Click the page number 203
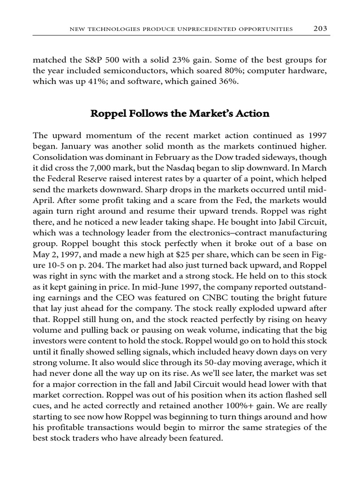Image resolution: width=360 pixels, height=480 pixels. coord(320,29)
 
